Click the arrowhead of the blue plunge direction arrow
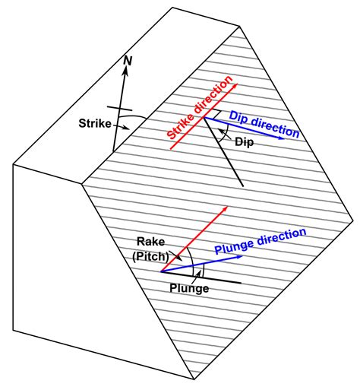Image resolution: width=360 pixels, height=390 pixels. (x=241, y=256)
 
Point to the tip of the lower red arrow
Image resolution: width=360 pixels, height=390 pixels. (x=227, y=206)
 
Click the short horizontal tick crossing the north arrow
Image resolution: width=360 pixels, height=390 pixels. (x=121, y=111)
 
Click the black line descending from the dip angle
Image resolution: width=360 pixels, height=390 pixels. (x=228, y=160)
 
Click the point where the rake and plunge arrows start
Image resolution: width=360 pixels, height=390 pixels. (x=163, y=271)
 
